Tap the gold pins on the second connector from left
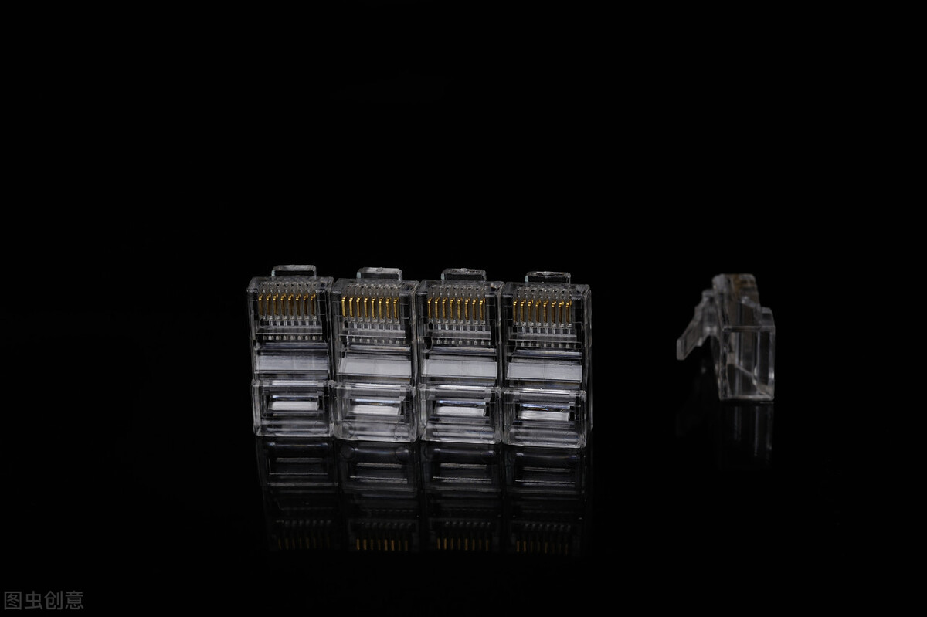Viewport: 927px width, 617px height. point(370,308)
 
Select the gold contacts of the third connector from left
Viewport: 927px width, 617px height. point(456,309)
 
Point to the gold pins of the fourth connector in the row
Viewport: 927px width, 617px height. point(542,310)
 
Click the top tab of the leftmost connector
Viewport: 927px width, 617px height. point(294,271)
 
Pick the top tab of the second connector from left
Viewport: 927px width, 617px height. point(379,273)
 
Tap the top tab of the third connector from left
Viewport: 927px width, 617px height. point(463,275)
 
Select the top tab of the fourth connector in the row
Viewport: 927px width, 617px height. point(548,277)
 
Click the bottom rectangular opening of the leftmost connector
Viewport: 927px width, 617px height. point(294,402)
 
